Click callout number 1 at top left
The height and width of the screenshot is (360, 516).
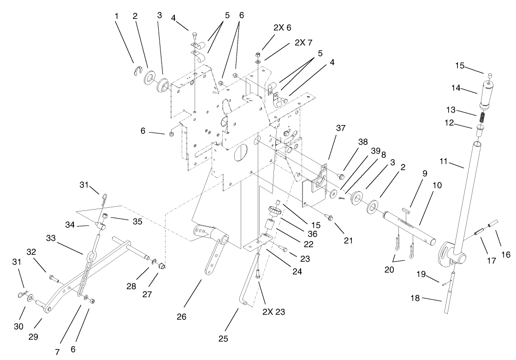(x=117, y=16)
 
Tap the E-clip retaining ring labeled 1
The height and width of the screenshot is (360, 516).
(x=135, y=70)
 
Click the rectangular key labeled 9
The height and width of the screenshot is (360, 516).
(x=406, y=210)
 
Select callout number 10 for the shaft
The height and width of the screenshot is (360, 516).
(x=437, y=185)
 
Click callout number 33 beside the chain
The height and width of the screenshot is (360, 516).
(x=52, y=239)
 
